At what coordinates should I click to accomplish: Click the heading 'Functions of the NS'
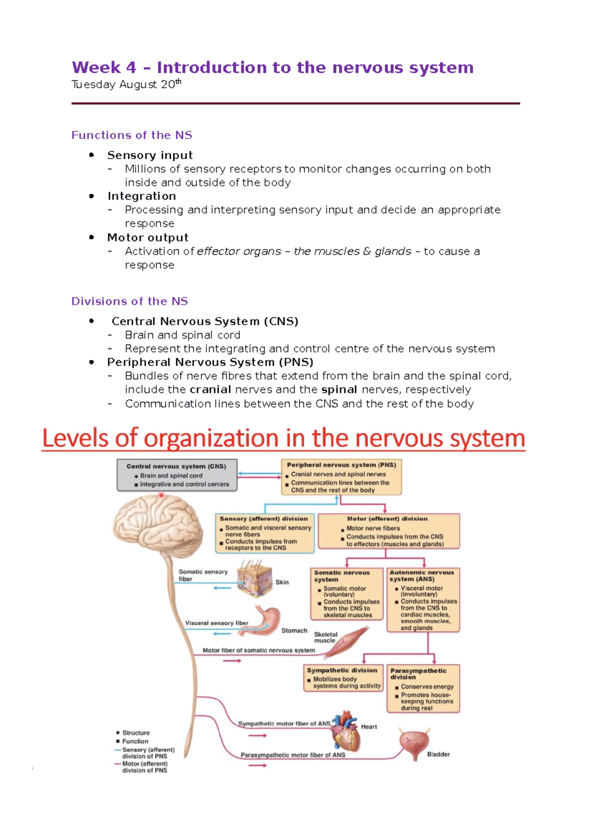click(131, 135)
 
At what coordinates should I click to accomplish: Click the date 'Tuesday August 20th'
click(126, 84)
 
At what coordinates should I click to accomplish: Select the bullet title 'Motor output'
click(148, 238)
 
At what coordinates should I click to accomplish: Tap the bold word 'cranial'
click(210, 389)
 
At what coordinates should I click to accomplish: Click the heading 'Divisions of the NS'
click(130, 301)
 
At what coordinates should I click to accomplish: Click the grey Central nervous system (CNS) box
click(177, 475)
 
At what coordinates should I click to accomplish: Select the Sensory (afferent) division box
click(265, 533)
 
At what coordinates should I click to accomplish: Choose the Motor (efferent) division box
click(389, 531)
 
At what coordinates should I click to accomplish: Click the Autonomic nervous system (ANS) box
click(423, 600)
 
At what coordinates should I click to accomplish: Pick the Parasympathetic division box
click(423, 689)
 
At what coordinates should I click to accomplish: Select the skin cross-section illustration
click(255, 578)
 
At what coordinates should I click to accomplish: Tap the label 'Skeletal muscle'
click(326, 637)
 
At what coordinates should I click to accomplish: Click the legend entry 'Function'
click(135, 741)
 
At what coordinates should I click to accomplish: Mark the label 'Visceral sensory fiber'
click(217, 623)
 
